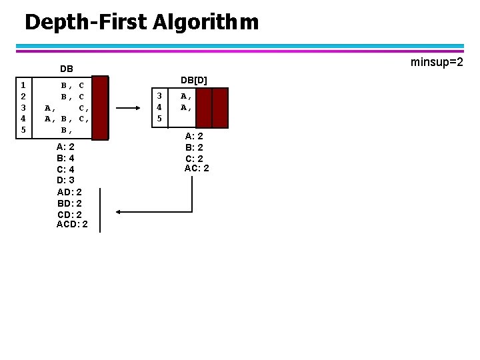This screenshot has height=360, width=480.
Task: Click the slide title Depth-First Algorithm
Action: click(141, 22)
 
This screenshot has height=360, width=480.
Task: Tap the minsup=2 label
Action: click(437, 62)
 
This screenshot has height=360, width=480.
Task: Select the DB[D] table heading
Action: click(193, 80)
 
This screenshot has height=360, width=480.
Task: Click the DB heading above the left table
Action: click(67, 69)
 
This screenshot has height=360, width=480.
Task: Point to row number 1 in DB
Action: click(23, 85)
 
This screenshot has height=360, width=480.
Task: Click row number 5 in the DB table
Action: click(23, 130)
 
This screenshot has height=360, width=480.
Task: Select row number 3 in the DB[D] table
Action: click(159, 95)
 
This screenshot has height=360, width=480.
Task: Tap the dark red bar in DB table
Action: click(100, 108)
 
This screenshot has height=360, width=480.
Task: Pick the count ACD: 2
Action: click(72, 225)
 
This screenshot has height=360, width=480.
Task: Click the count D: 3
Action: click(65, 180)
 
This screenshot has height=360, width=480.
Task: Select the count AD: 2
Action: click(69, 191)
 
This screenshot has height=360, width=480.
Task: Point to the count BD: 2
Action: click(69, 203)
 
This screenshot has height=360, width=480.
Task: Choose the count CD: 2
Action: click(69, 214)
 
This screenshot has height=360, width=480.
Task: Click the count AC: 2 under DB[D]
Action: click(197, 168)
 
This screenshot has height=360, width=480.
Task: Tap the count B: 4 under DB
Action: click(65, 158)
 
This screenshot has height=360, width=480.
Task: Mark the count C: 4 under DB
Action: click(65, 169)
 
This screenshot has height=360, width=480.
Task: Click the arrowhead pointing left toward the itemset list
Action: click(118, 212)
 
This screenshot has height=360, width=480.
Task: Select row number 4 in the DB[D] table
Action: click(159, 107)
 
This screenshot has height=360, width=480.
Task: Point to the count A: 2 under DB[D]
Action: click(194, 136)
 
